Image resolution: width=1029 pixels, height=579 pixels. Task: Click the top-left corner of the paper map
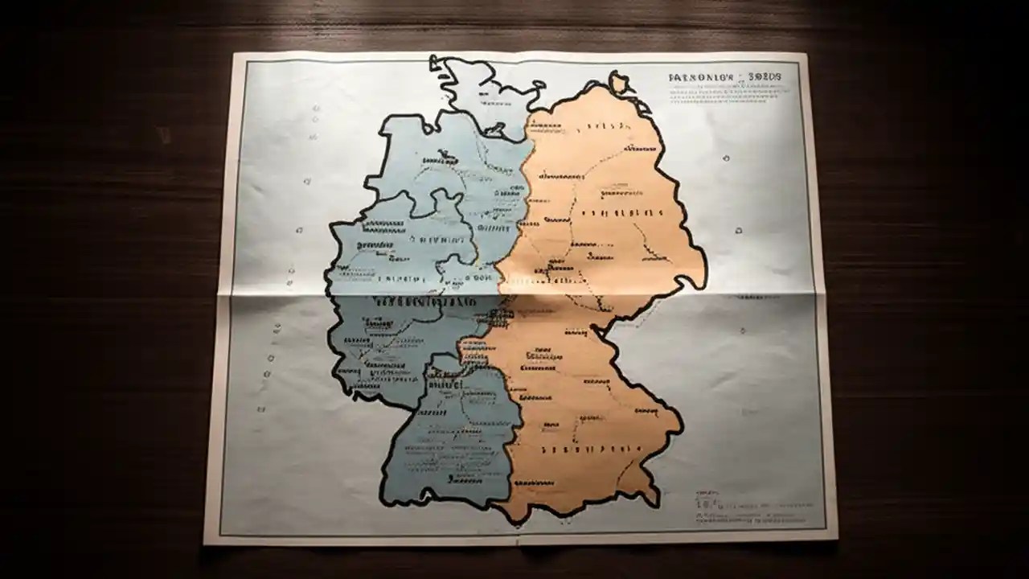(x=233, y=55)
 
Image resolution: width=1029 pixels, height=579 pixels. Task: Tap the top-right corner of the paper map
(x=806, y=55)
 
